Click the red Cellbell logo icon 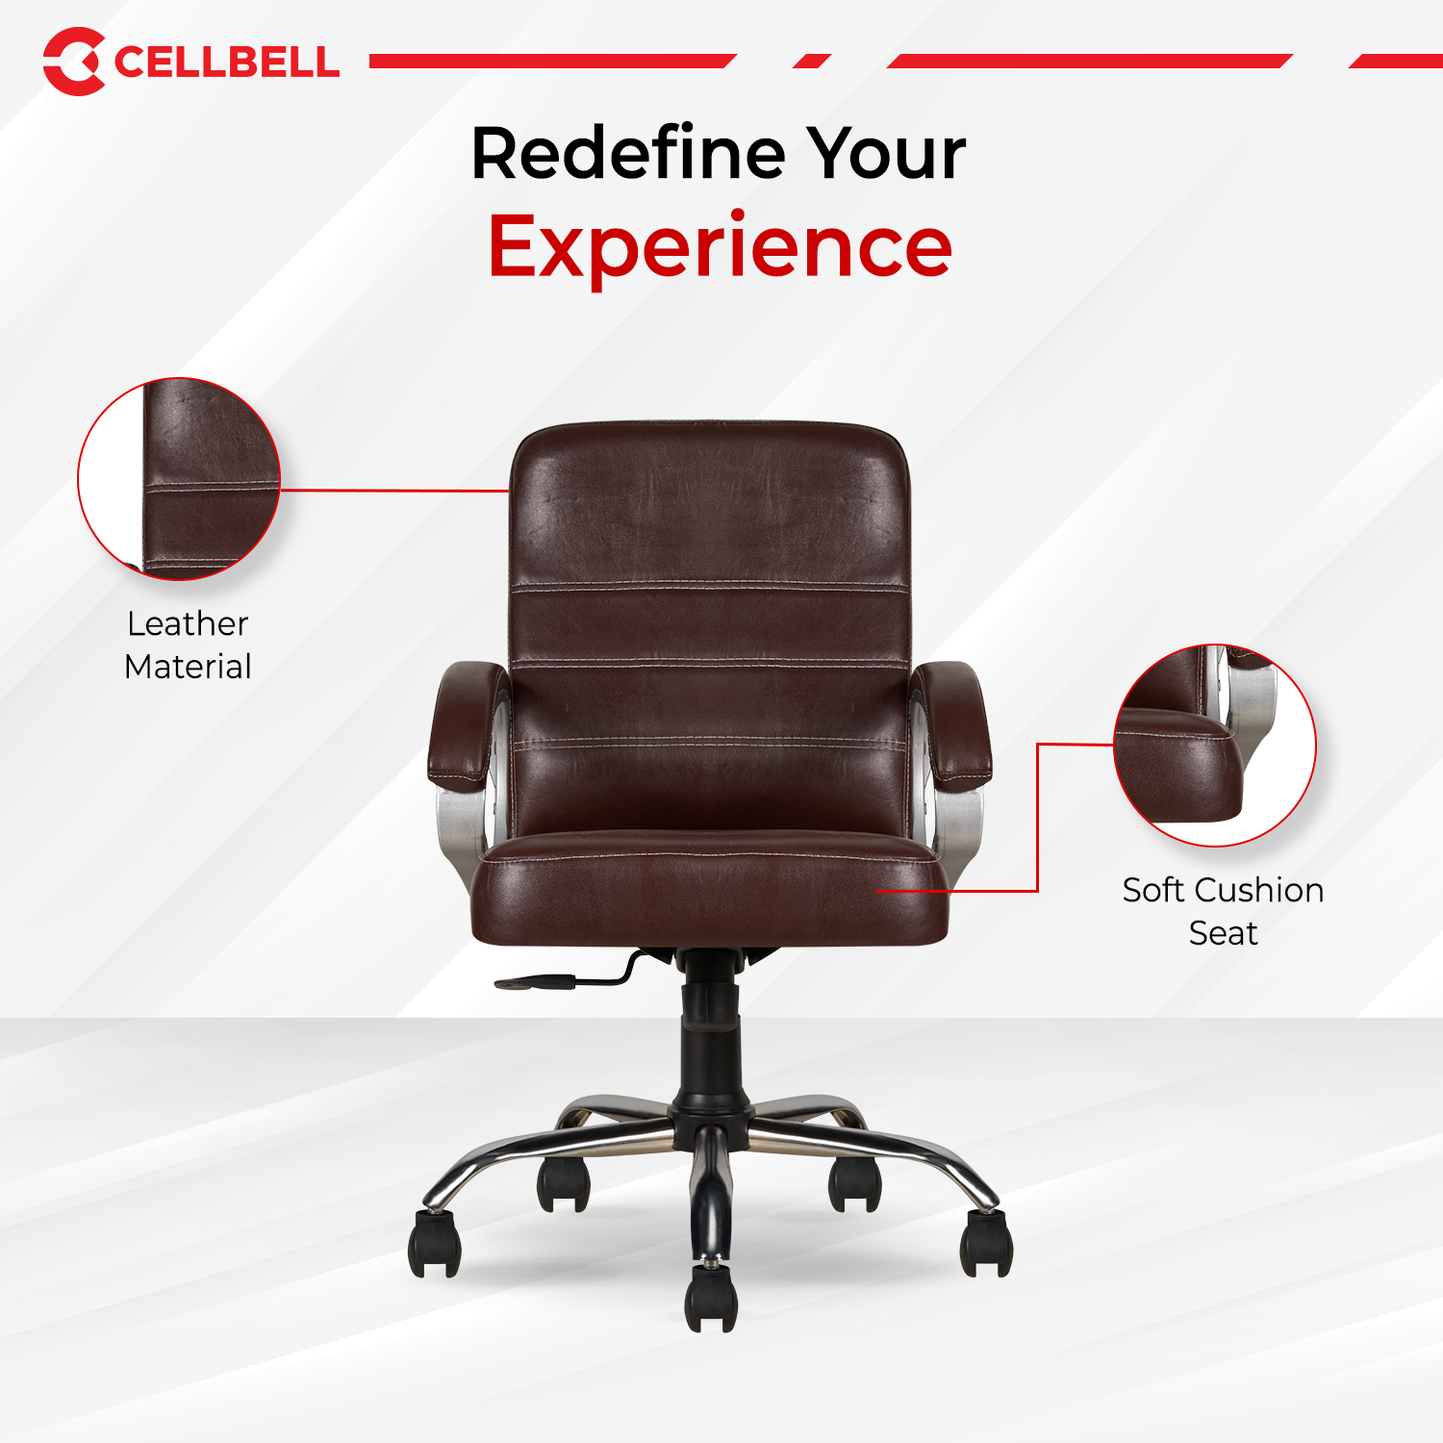(73, 62)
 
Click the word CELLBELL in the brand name (226, 63)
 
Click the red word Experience (720, 246)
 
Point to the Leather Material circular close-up (179, 479)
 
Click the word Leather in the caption (188, 623)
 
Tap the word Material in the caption (188, 667)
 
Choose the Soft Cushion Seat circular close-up (1215, 746)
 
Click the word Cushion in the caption (1258, 890)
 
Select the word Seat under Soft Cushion (1223, 933)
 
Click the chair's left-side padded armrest (467, 721)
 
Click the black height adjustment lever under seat (539, 982)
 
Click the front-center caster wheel (711, 1298)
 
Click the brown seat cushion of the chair (710, 885)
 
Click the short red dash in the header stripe (812, 62)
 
